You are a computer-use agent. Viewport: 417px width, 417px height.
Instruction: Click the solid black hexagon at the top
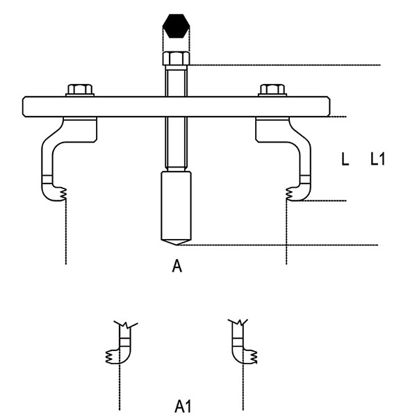tap(176, 26)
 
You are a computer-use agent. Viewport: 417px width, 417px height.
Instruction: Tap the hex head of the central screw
tap(176, 58)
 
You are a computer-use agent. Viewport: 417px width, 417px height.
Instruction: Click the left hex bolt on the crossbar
tap(80, 90)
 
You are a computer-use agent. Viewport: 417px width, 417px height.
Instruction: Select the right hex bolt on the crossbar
tap(272, 90)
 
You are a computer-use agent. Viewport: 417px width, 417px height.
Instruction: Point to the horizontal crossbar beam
tap(176, 106)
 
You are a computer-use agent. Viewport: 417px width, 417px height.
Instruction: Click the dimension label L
tap(345, 159)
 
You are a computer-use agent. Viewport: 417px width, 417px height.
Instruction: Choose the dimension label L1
tap(377, 159)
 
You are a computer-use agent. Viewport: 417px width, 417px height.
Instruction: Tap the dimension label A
tap(177, 265)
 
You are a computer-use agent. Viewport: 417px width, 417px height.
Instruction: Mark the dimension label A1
tap(183, 407)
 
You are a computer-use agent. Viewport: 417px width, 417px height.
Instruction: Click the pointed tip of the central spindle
tap(176, 245)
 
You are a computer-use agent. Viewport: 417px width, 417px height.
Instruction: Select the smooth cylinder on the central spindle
tap(176, 206)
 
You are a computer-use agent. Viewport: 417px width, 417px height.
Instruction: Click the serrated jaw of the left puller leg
tap(63, 194)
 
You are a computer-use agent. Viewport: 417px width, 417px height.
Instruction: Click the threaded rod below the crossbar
tap(176, 143)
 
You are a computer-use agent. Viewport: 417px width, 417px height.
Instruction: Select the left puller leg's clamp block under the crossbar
tap(80, 129)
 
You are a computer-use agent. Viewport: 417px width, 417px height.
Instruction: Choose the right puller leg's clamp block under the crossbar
tap(272, 129)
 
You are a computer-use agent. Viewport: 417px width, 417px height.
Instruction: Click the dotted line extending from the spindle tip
tap(277, 245)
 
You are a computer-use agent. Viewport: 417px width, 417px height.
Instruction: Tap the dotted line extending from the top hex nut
tap(285, 65)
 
